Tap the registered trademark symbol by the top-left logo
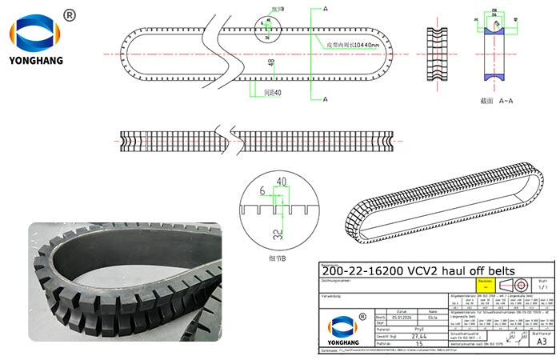[69, 15]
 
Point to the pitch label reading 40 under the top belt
[274, 92]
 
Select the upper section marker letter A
[326, 9]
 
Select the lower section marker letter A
[326, 99]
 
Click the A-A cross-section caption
[490, 102]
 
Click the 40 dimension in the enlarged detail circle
[281, 182]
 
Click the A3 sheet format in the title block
[542, 341]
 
